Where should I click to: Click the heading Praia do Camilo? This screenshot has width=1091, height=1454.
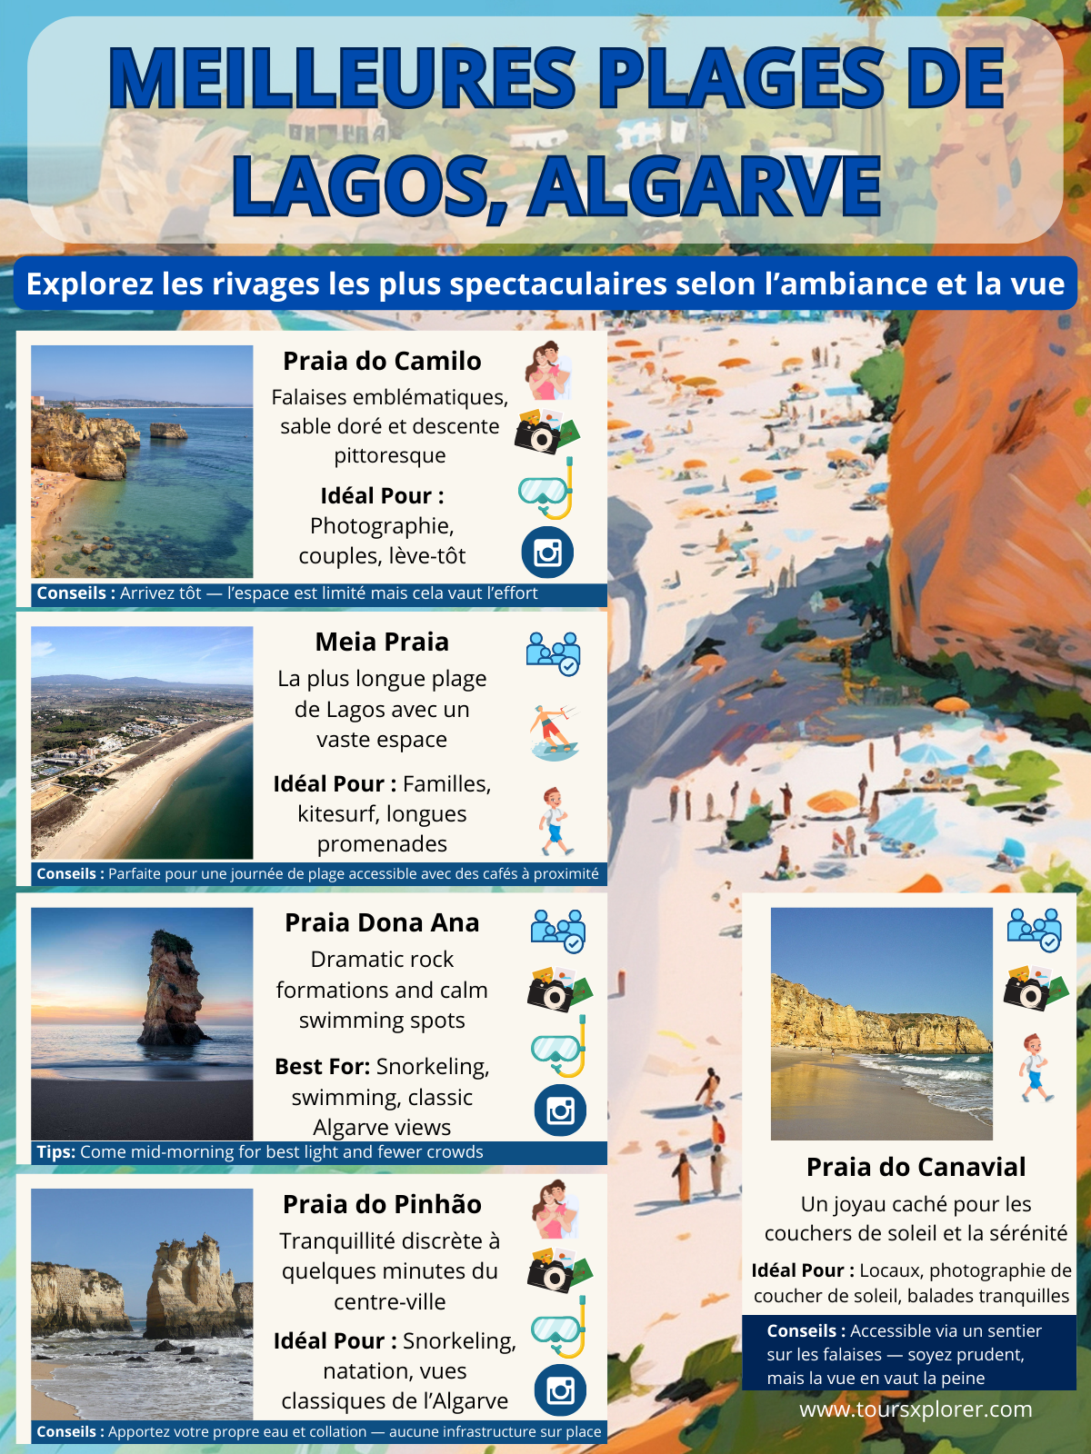click(x=382, y=361)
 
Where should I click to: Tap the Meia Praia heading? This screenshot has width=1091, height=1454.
click(x=382, y=642)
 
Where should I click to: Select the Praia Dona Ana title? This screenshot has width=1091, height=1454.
click(x=382, y=922)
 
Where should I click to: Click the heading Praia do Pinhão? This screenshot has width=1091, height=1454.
click(x=382, y=1204)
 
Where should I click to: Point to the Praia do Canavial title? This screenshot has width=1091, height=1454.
click(x=916, y=1167)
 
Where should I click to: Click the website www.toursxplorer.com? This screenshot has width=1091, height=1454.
click(x=916, y=1409)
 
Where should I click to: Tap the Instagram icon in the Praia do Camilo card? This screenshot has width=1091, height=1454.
click(x=547, y=553)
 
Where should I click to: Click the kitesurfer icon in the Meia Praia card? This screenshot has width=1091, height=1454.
click(x=554, y=732)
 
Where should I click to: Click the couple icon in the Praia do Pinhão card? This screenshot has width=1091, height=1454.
click(x=556, y=1209)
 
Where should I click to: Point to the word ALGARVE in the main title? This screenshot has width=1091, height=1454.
click(x=706, y=186)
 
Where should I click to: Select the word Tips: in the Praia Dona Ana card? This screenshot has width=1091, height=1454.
click(x=55, y=1152)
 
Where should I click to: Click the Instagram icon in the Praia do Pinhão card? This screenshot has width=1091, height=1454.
click(x=560, y=1390)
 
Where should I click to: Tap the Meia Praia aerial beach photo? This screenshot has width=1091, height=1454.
click(x=142, y=742)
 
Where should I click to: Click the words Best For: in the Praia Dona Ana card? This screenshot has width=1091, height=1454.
click(x=322, y=1067)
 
